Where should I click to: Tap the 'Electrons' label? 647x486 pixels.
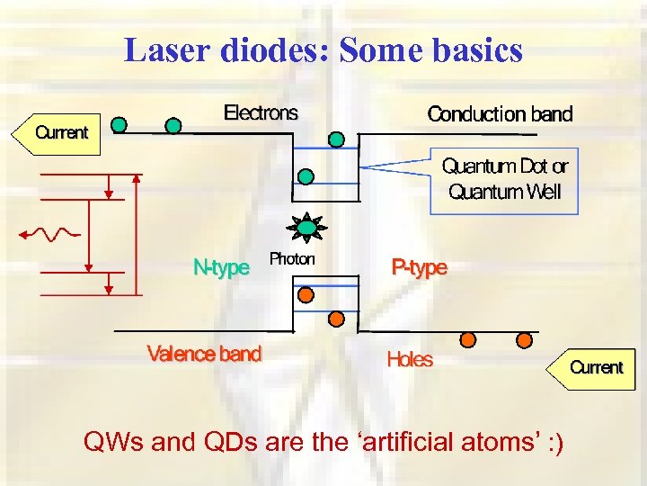point(260,113)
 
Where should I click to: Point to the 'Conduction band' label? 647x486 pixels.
point(500,114)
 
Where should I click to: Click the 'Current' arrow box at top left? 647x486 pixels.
point(56,133)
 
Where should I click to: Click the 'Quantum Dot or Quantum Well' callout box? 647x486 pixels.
point(504,179)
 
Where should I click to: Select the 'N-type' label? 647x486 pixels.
point(221,267)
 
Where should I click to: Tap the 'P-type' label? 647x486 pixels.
point(418,267)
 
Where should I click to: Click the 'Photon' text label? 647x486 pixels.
point(292,259)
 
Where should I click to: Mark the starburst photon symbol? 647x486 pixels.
point(307,228)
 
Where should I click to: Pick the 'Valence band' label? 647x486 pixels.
point(204,354)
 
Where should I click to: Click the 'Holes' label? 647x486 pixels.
point(410,360)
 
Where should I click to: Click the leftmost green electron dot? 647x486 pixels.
point(119,124)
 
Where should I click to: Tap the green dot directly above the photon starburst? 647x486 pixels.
point(306,176)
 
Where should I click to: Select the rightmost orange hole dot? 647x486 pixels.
point(524,340)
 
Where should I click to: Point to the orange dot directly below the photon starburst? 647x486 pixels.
point(306,293)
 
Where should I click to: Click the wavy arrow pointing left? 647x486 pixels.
point(50,234)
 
